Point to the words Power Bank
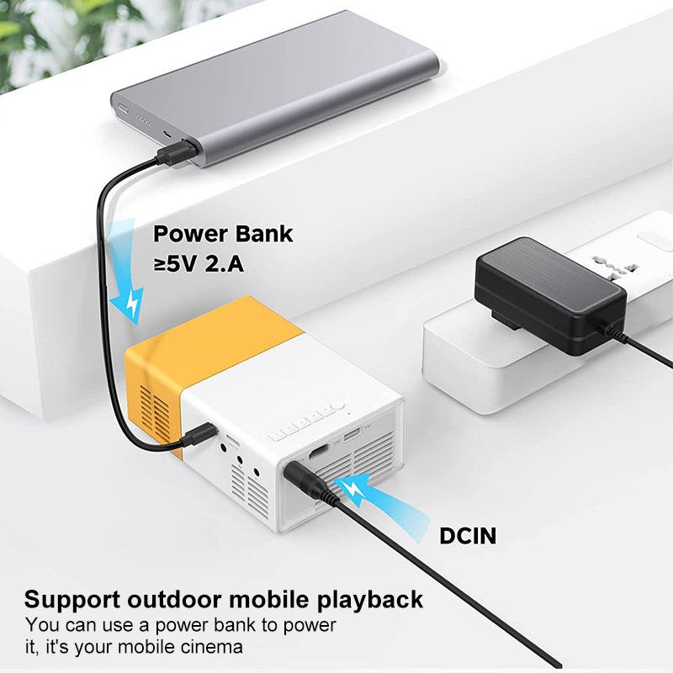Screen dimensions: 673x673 coord(223,234)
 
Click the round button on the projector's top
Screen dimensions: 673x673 coord(343,414)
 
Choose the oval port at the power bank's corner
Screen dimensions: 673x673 coord(124,110)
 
